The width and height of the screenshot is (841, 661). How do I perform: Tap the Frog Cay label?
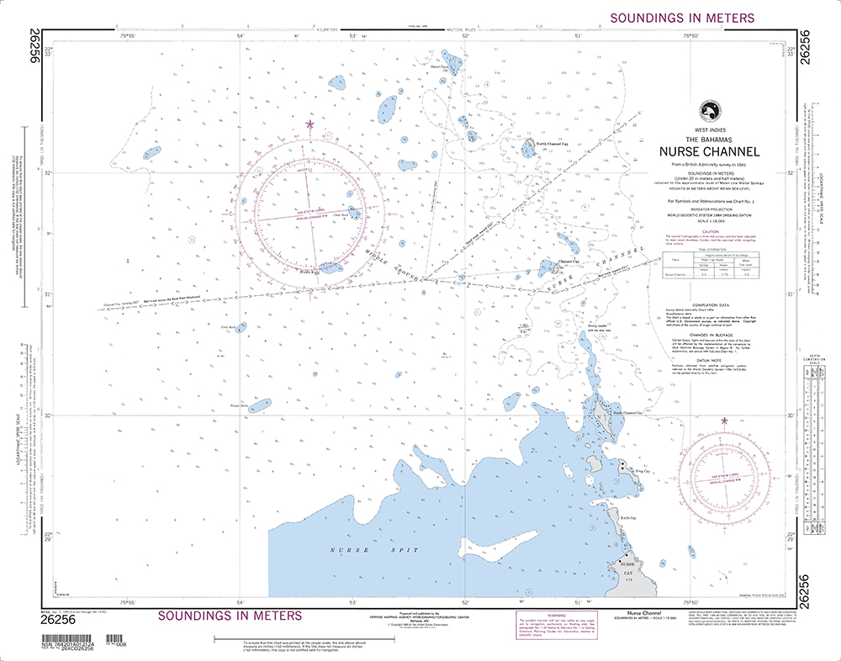[x=643, y=472]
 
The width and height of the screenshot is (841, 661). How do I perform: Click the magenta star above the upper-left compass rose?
[x=309, y=125]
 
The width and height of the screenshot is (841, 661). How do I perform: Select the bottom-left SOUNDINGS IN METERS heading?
[x=230, y=616]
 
